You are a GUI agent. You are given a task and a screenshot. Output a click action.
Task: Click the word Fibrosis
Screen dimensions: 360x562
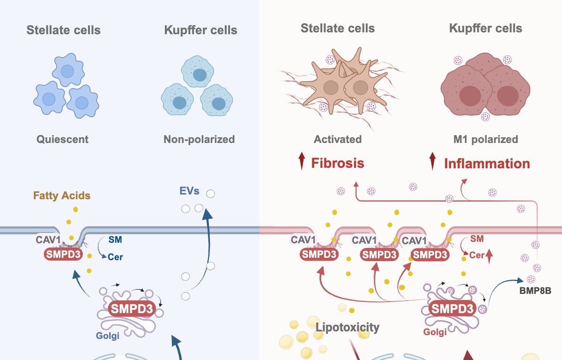pyautogui.click(x=338, y=163)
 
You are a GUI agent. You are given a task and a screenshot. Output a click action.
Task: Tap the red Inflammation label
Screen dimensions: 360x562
pyautogui.click(x=487, y=164)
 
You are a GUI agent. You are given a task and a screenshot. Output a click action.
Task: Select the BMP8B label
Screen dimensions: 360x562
pyautogui.click(x=535, y=291)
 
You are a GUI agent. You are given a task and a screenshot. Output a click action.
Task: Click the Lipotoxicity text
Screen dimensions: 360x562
pyautogui.click(x=347, y=327)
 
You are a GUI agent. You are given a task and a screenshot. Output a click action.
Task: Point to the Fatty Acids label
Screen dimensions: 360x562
pyautogui.click(x=62, y=196)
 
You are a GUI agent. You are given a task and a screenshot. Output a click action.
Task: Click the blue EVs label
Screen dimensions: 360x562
pyautogui.click(x=189, y=191)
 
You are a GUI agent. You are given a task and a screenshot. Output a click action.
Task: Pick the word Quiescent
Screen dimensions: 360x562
pyautogui.click(x=63, y=139)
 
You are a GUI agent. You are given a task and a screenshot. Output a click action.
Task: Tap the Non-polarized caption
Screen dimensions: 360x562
pyautogui.click(x=199, y=139)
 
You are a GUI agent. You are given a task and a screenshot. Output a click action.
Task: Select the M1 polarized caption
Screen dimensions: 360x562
pyautogui.click(x=487, y=139)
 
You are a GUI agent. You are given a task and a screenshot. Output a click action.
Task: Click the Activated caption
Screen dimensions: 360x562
pyautogui.click(x=338, y=139)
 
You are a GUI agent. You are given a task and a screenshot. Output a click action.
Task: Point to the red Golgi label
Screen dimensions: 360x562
pyautogui.click(x=435, y=332)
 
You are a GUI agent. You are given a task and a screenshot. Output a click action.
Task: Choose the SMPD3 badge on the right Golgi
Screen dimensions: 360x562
pyautogui.click(x=452, y=309)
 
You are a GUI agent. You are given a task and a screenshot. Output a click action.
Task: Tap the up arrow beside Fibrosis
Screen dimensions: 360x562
pyautogui.click(x=302, y=162)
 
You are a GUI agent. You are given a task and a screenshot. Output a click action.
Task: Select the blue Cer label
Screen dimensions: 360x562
pyautogui.click(x=115, y=257)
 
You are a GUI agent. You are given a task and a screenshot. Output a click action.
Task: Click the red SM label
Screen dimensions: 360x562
pyautogui.click(x=477, y=239)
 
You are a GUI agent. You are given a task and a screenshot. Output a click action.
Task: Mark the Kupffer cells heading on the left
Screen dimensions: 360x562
pyautogui.click(x=200, y=30)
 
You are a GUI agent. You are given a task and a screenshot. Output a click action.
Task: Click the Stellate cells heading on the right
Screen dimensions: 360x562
pyautogui.click(x=337, y=28)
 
